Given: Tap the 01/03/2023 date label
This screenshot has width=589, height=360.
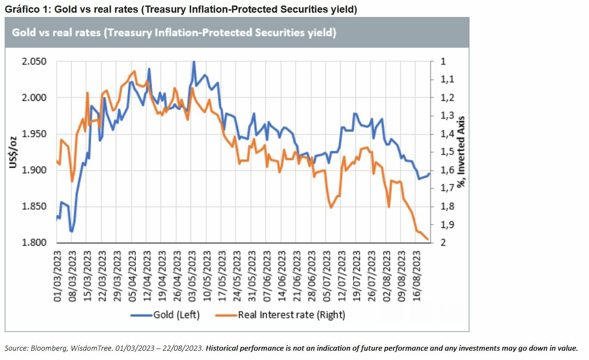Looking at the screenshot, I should tap(58, 276).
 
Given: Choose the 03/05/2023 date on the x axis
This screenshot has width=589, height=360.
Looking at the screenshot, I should tap(192, 276).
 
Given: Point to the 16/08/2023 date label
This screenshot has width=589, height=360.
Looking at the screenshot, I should tap(417, 276).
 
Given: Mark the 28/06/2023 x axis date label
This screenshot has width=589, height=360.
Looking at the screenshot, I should tap(311, 276).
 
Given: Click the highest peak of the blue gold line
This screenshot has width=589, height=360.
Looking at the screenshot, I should tap(194, 62).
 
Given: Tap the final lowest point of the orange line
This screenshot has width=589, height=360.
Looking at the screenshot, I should tap(428, 240).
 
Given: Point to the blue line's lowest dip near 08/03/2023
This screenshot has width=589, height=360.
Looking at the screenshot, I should tap(72, 232).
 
